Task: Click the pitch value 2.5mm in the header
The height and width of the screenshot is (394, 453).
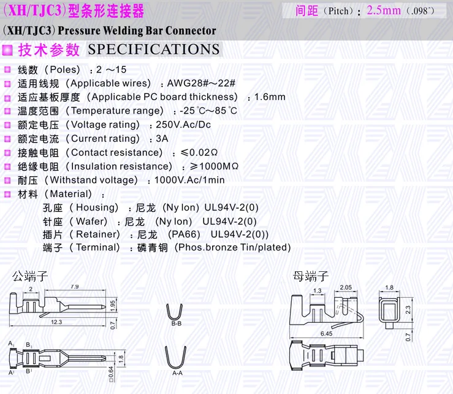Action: pyautogui.click(x=384, y=10)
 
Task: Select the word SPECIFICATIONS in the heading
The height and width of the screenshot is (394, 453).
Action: pyautogui.click(x=154, y=50)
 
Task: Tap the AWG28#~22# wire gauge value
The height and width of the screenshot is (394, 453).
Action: pyautogui.click(x=201, y=83)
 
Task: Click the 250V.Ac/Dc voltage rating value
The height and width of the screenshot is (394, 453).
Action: pyautogui.click(x=183, y=125)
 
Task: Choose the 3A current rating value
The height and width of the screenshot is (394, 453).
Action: pyautogui.click(x=162, y=139)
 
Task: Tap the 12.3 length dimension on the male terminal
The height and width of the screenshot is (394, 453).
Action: pyautogui.click(x=56, y=321)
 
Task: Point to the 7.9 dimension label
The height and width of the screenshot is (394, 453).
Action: pyautogui.click(x=75, y=287)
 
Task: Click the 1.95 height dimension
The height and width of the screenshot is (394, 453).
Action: pyautogui.click(x=113, y=304)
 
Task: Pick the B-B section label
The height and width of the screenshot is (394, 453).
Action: pyautogui.click(x=176, y=323)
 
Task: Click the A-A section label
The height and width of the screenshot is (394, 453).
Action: pyautogui.click(x=177, y=373)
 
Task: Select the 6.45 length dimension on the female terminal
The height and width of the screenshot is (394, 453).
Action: pyautogui.click(x=326, y=333)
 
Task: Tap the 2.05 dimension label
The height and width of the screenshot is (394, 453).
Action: pyautogui.click(x=345, y=287)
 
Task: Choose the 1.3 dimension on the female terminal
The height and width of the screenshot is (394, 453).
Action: pyautogui.click(x=318, y=290)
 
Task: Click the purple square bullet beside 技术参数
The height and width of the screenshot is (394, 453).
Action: pyautogui.click(x=7, y=50)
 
